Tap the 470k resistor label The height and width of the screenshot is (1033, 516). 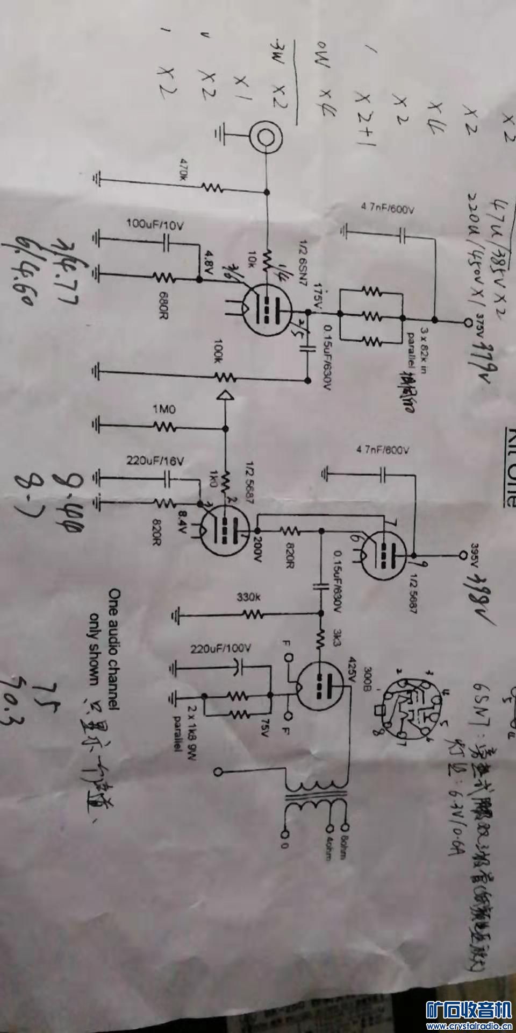click(x=184, y=171)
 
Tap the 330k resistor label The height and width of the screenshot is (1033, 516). click(x=248, y=597)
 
